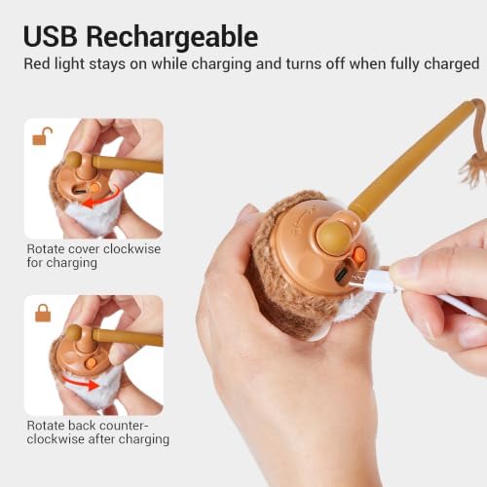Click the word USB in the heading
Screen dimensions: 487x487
tap(51, 36)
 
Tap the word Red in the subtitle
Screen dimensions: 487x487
tap(37, 63)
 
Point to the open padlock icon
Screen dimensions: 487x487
tap(42, 135)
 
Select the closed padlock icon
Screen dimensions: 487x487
tap(43, 313)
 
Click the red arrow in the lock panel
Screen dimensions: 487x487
tap(81, 382)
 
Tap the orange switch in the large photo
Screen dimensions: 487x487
tap(359, 254)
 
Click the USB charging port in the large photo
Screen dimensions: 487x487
tap(342, 275)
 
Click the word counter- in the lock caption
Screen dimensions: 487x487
tap(119, 426)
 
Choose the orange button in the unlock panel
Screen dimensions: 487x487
tap(94, 187)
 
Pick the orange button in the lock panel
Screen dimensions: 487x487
tap(92, 363)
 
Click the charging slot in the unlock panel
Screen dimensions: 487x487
tap(78, 190)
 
